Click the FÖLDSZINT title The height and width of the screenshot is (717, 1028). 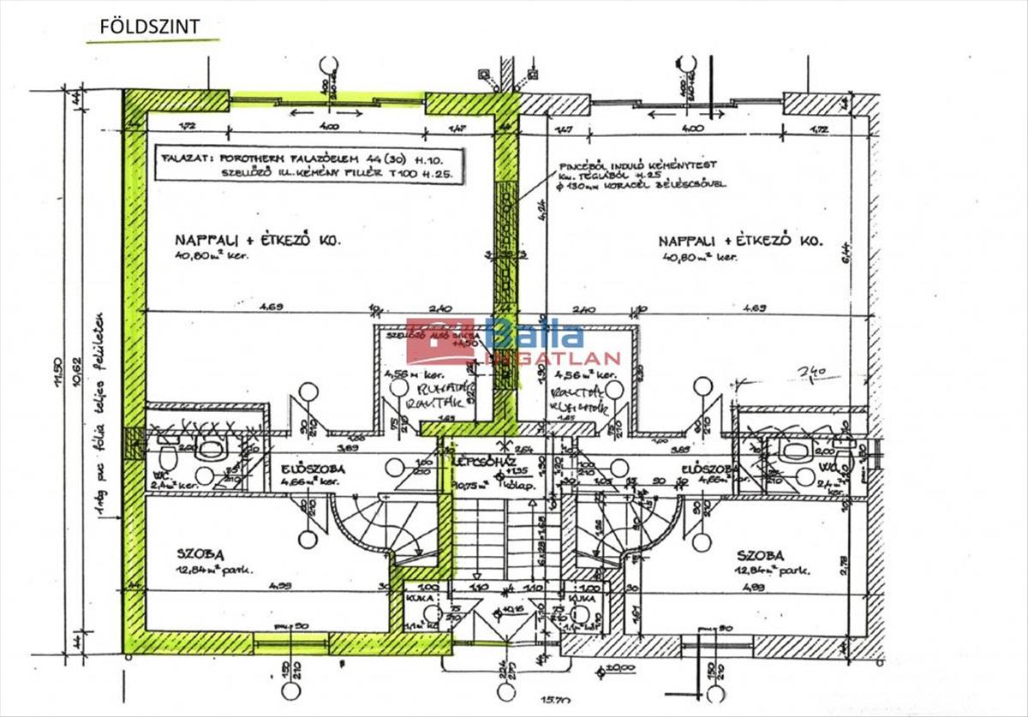click(150, 27)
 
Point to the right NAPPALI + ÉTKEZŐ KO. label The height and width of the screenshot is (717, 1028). click(741, 242)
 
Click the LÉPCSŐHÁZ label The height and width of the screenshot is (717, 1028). click(481, 461)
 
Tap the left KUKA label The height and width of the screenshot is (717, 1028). click(417, 599)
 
